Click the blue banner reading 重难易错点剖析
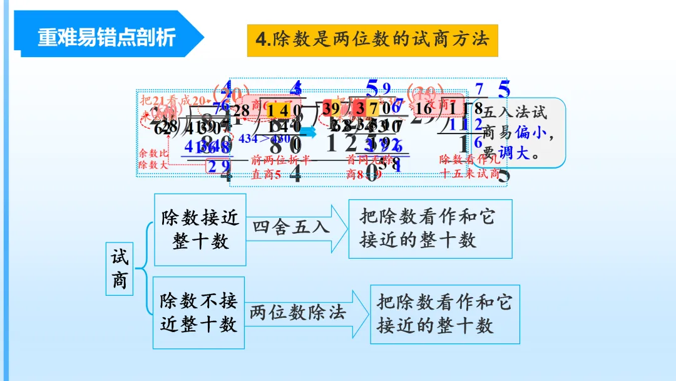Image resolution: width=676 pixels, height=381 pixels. coord(106,37)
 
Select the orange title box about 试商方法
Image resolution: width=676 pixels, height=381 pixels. coord(372,40)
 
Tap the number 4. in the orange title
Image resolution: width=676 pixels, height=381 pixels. coord(263,40)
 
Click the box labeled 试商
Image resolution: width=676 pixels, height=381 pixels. coord(120,269)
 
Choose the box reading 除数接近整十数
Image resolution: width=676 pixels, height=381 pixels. coord(200,229)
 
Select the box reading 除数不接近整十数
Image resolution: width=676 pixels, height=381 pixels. coord(199,312)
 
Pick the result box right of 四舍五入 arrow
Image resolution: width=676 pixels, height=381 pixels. coord(430,229)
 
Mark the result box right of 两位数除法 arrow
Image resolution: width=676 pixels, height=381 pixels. coord(444,314)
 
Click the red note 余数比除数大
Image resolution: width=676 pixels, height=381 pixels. coord(153,159)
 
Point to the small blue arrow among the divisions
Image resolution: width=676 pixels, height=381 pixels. coord(310,132)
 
